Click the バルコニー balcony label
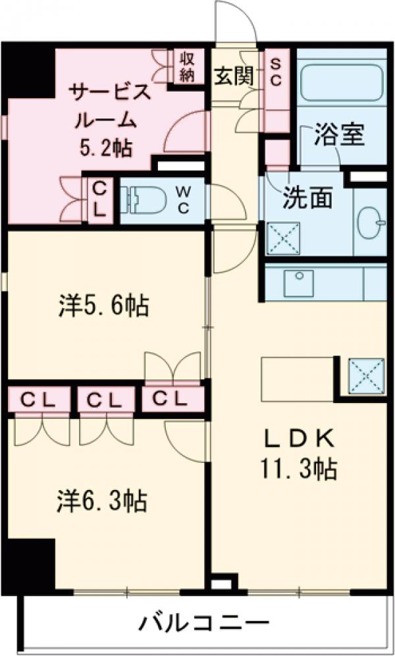[204, 622]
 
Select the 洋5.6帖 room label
[103, 306]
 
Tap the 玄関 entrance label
[233, 77]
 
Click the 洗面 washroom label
[307, 197]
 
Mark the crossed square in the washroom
[283, 238]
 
